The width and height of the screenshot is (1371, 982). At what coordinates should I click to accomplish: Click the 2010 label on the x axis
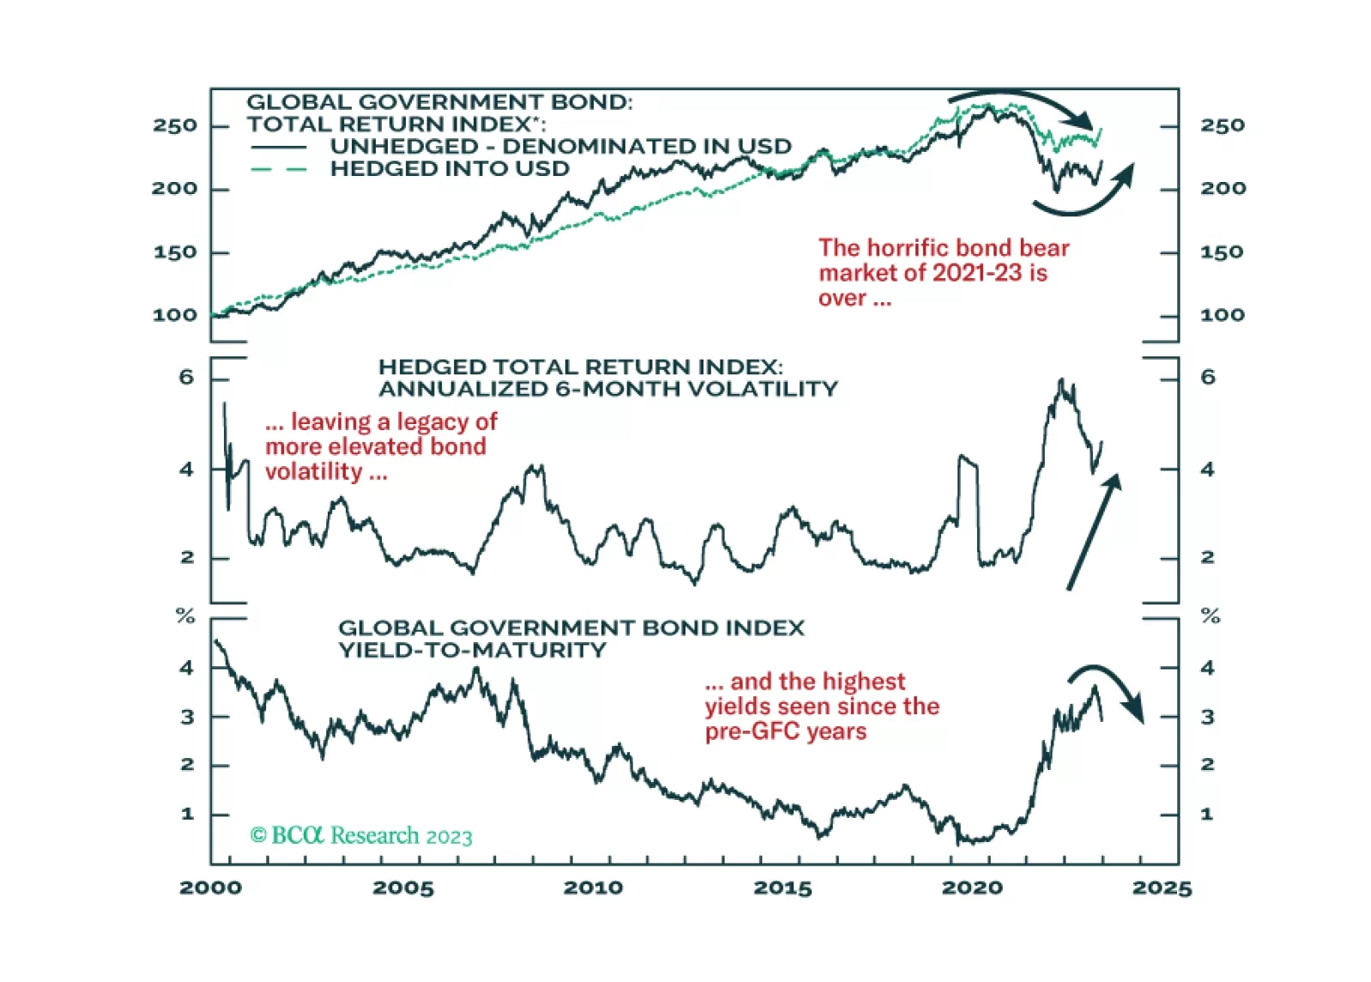coord(593,888)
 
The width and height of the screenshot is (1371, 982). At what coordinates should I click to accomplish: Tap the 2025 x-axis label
coord(1162,888)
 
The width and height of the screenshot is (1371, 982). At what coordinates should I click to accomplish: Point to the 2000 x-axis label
coord(211,888)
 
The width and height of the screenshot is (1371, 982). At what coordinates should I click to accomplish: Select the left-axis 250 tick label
coord(175,125)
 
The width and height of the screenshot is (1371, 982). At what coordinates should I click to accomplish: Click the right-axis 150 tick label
coord(1222,252)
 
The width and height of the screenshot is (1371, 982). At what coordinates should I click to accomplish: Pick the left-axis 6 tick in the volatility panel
coord(186,378)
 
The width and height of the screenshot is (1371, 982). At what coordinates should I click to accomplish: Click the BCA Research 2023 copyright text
coord(361,835)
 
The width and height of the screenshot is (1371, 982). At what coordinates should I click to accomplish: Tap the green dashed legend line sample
coord(279,169)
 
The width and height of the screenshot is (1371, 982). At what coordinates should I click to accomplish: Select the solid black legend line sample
coord(279,148)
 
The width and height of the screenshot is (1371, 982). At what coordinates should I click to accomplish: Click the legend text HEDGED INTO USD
coord(450,169)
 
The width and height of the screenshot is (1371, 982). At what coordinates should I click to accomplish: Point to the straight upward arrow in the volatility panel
coord(1094,532)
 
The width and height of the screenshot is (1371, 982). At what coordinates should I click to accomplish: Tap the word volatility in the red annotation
coord(314,471)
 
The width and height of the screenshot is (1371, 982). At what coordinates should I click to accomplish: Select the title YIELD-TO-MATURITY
coord(472,650)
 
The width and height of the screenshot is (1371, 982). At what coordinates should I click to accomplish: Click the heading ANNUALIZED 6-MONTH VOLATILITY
coord(607,389)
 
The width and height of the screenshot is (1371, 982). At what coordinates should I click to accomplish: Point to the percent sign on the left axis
coord(185,615)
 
